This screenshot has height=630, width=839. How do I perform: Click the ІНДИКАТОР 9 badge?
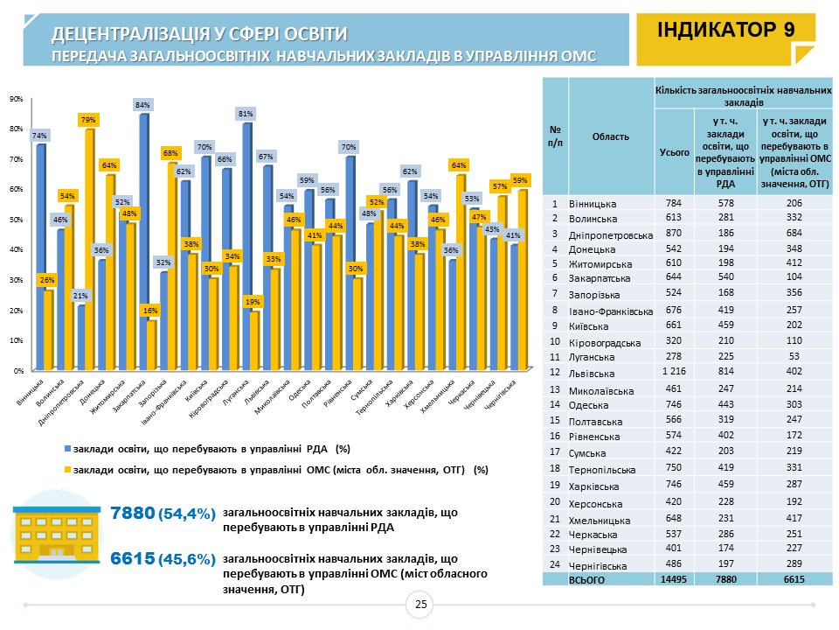tap(725, 30)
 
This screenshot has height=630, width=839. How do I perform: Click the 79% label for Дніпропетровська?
tap(88, 120)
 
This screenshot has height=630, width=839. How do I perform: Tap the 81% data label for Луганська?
tap(246, 114)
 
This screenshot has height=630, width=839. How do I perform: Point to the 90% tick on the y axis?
tap(16, 99)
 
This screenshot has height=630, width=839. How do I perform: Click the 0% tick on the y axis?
tap(17, 371)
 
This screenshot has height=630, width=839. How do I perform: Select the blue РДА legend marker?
tap(68, 449)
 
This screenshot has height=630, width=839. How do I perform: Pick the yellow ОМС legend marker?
tap(68, 470)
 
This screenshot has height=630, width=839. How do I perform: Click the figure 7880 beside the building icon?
tap(132, 513)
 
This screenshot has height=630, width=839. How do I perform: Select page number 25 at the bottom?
tap(420, 605)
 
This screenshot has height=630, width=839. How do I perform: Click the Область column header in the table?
tap(611, 136)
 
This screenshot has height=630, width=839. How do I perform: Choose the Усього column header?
tap(674, 151)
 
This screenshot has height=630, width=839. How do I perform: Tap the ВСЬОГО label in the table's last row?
tap(587, 579)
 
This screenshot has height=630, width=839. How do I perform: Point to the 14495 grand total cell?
tap(674, 579)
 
